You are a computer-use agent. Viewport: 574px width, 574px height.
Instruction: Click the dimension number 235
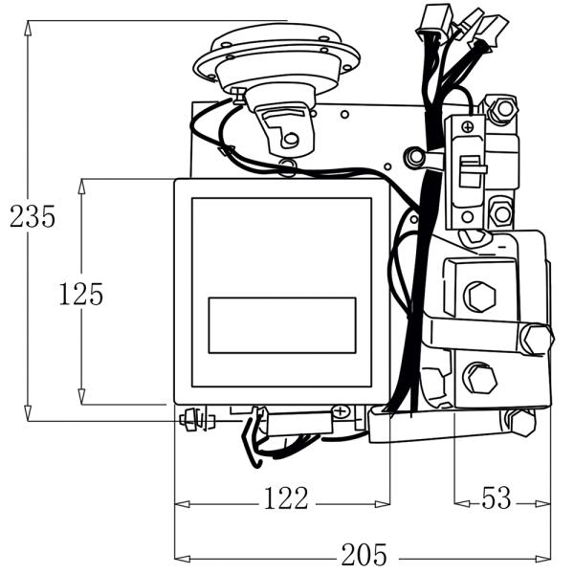pyautogui.click(x=33, y=216)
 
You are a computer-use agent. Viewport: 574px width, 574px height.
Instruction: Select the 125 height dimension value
pyautogui.click(x=80, y=294)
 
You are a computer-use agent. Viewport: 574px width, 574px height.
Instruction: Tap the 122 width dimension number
pyautogui.click(x=286, y=498)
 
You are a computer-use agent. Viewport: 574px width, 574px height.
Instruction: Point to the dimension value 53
pyautogui.click(x=497, y=498)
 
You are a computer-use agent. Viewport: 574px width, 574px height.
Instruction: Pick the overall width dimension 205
pyautogui.click(x=364, y=554)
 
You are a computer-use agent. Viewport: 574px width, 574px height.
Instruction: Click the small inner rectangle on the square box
pyautogui.click(x=282, y=325)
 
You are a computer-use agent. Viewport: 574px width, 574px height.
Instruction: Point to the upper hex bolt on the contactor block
pyautogui.click(x=479, y=297)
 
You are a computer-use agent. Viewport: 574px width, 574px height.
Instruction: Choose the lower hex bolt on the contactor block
pyautogui.click(x=479, y=378)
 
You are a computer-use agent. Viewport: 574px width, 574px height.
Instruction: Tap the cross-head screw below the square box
pyautogui.click(x=340, y=411)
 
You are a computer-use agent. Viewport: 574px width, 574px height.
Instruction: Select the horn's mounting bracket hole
pyautogui.click(x=291, y=141)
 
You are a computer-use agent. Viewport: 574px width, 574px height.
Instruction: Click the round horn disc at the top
pyautogui.click(x=277, y=55)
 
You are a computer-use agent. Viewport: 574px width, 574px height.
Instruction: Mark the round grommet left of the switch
pyautogui.click(x=415, y=157)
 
